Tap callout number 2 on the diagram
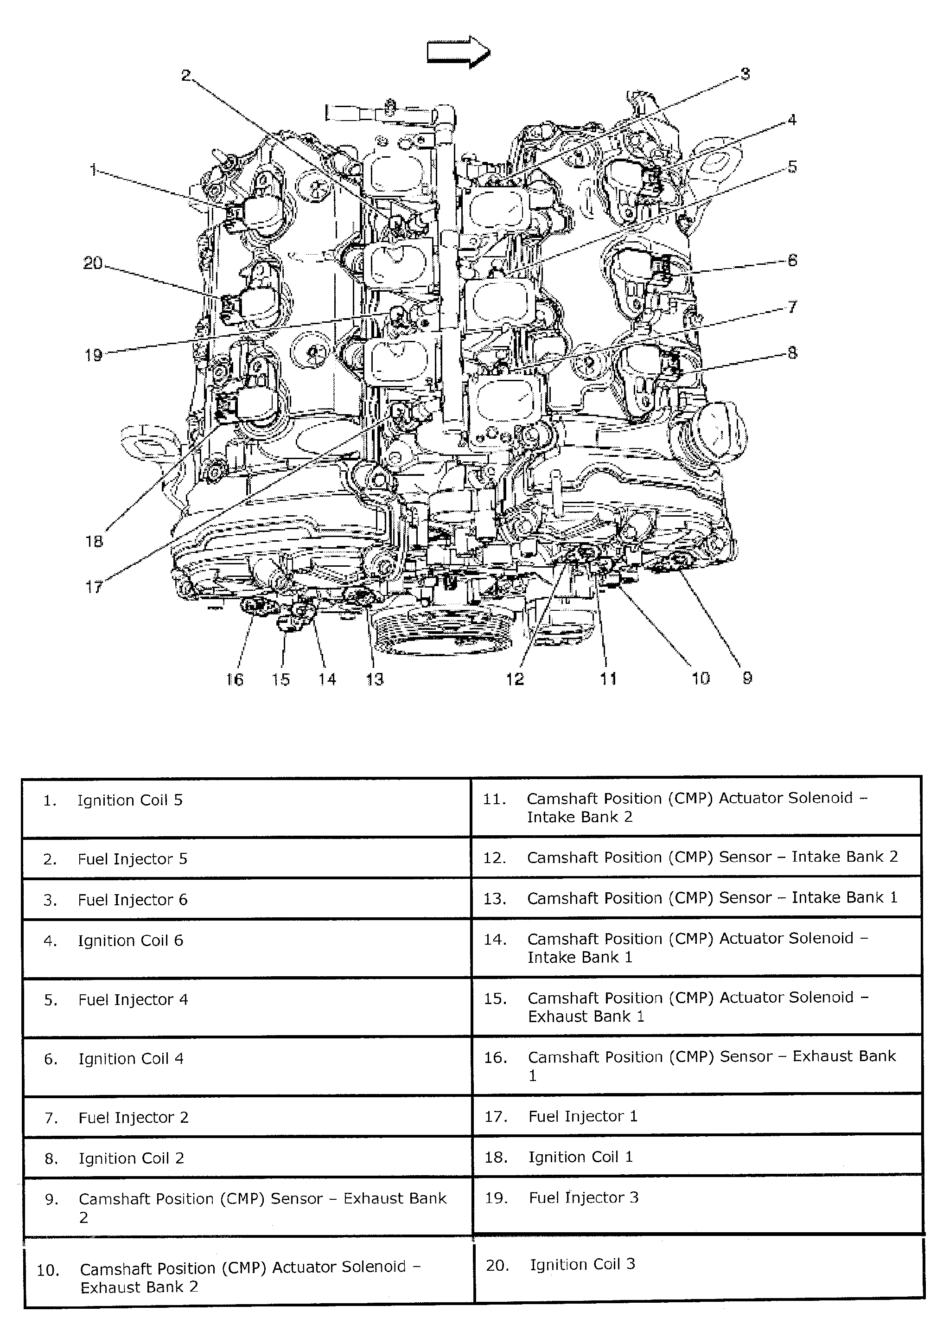tap(186, 76)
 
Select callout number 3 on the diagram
tap(745, 74)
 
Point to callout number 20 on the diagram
tap(92, 263)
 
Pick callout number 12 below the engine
tap(515, 679)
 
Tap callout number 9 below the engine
tap(747, 678)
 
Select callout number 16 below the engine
tap(235, 679)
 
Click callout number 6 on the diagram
tap(792, 260)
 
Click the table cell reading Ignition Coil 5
tap(130, 800)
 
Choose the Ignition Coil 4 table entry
tap(131, 1059)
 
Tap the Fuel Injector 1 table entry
tap(582, 1116)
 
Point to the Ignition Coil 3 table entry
tap(582, 1264)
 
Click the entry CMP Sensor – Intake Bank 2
tap(712, 857)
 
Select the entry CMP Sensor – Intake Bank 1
tap(712, 898)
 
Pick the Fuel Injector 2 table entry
tap(134, 1118)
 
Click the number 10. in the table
tap(48, 1270)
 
